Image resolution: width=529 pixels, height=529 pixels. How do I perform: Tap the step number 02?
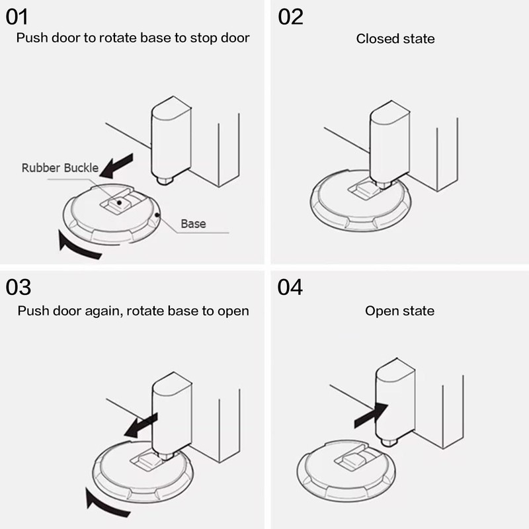coord(290,16)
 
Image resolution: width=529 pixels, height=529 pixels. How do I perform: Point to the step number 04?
coord(290,287)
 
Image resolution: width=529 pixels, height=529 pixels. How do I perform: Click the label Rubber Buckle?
coord(60,168)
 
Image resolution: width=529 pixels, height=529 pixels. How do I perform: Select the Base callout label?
coord(193,224)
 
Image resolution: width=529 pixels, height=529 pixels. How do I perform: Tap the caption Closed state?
coord(395,38)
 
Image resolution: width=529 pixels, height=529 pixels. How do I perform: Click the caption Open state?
coord(399,310)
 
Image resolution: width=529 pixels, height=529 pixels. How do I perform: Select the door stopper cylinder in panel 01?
coord(171,139)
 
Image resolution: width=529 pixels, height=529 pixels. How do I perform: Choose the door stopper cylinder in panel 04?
coord(395,403)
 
